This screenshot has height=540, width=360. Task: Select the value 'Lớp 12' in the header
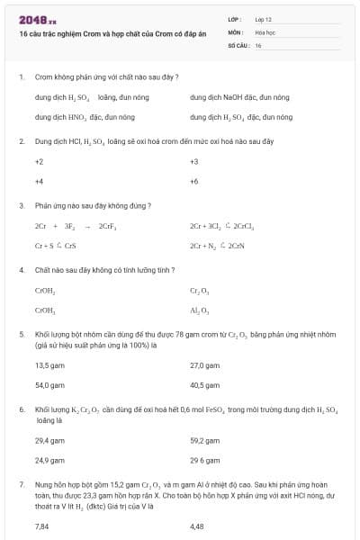[264, 18]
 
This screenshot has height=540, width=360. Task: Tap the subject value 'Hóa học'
[265, 31]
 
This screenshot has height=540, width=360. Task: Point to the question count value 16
[258, 44]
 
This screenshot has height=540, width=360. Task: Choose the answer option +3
[194, 161]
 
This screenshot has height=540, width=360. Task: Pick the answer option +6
[194, 181]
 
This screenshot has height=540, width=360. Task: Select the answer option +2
[39, 161]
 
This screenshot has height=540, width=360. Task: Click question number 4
[22, 270]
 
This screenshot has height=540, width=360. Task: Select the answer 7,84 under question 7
[41, 526]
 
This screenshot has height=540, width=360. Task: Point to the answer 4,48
[197, 526]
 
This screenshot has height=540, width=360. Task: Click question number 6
[22, 409]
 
